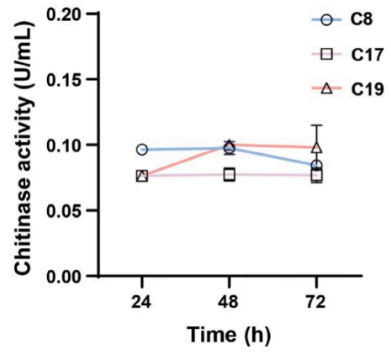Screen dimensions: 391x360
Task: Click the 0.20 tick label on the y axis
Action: click(x=64, y=13)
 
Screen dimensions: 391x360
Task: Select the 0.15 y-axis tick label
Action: click(x=64, y=79)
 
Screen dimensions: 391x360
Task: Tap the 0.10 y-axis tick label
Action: click(x=64, y=145)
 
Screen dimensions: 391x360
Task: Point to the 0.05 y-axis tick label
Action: click(x=64, y=210)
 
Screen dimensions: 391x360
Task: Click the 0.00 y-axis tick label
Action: click(x=64, y=276)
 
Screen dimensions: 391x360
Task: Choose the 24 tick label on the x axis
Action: click(x=142, y=302)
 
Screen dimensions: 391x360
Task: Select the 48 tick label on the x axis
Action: click(x=230, y=302)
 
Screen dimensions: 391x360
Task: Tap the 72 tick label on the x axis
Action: click(x=316, y=302)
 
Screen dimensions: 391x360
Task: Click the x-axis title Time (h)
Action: click(x=230, y=335)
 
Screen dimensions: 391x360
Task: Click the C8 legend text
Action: click(x=362, y=20)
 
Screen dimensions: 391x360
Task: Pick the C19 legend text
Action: click(x=367, y=90)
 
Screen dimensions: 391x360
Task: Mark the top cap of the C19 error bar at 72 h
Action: click(x=317, y=125)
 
